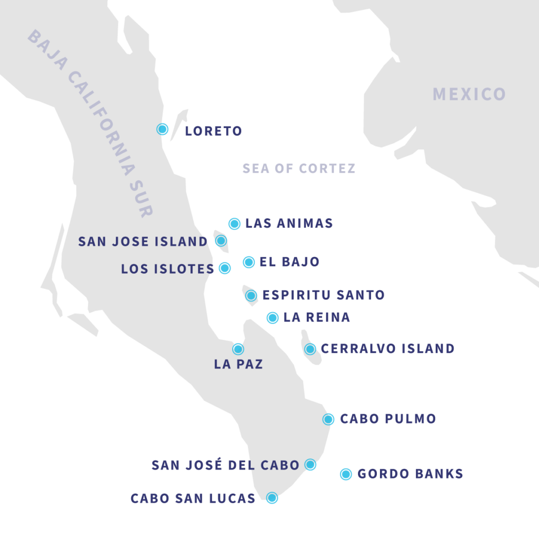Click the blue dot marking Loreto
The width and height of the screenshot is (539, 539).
pyautogui.click(x=163, y=129)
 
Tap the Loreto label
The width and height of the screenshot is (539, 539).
pyautogui.click(x=213, y=131)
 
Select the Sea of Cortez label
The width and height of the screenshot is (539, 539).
pyautogui.click(x=298, y=168)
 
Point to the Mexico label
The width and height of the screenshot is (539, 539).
pyautogui.click(x=469, y=94)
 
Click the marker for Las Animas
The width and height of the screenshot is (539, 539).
pyautogui.click(x=234, y=224)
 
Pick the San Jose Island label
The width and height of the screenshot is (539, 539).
pyautogui.click(x=143, y=242)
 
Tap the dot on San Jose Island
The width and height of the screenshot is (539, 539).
pyautogui.click(x=221, y=241)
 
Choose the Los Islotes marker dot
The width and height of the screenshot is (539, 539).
pyautogui.click(x=225, y=268)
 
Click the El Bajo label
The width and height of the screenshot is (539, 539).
pyautogui.click(x=290, y=262)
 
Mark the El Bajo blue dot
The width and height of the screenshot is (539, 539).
pyautogui.click(x=248, y=262)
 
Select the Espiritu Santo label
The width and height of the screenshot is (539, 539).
pyautogui.click(x=323, y=295)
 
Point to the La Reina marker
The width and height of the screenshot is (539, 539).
pyautogui.click(x=272, y=317)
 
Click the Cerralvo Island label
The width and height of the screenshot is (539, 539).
pyautogui.click(x=387, y=348)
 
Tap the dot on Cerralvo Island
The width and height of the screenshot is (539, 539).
pyautogui.click(x=310, y=348)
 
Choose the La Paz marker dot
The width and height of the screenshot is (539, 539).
pyautogui.click(x=238, y=348)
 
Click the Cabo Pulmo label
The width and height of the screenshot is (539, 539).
pyautogui.click(x=388, y=419)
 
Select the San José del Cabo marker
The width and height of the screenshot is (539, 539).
pyautogui.click(x=311, y=465)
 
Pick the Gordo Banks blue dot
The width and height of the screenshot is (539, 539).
pyautogui.click(x=346, y=474)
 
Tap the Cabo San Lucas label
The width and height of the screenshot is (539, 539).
pyautogui.click(x=193, y=498)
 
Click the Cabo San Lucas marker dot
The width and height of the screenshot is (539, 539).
pyautogui.click(x=272, y=498)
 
